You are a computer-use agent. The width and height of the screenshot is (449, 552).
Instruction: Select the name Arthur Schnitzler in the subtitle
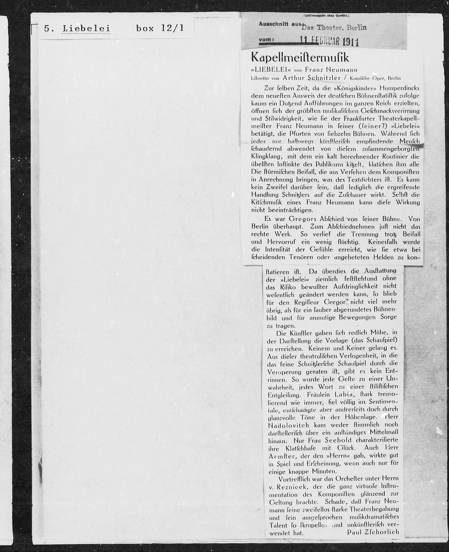pyautogui.click(x=312, y=78)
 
